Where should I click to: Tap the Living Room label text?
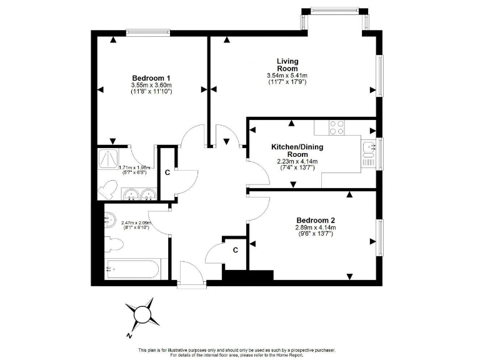[287, 64]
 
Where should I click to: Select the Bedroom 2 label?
[316, 220]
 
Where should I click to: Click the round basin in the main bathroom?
[110, 219]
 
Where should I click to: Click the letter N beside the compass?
[127, 336]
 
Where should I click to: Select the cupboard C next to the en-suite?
[167, 172]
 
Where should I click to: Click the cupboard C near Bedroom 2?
[235, 250]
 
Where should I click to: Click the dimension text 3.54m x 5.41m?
[287, 76]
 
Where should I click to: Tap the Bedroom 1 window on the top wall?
[147, 32]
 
